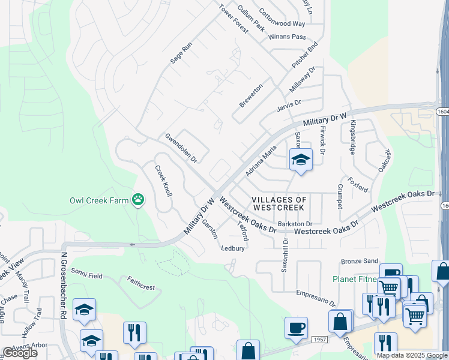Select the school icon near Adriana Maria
pyautogui.click(x=301, y=160)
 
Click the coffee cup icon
pyautogui.click(x=296, y=328)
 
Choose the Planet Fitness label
pyautogui.click(x=354, y=280)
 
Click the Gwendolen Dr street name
pyautogui.click(x=182, y=148)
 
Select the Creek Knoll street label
pyautogui.click(x=164, y=181)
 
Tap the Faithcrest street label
pyautogui.click(x=140, y=283)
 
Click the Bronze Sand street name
pyautogui.click(x=360, y=262)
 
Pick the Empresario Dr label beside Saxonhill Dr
pyautogui.click(x=315, y=296)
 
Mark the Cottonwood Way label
pyautogui.click(x=282, y=18)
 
